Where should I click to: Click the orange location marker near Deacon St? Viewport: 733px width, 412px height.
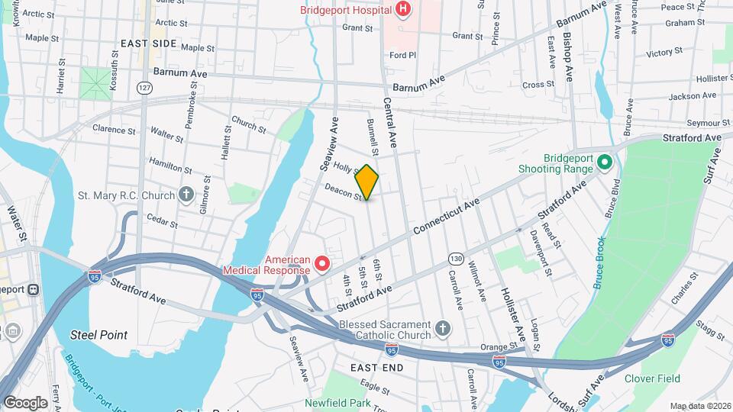click(367, 182)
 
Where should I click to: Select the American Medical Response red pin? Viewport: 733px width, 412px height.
click(322, 264)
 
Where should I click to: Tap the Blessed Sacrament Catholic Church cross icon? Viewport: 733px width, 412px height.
click(442, 329)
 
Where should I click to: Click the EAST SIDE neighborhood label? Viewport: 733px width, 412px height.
click(147, 43)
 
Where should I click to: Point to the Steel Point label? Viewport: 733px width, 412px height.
click(98, 335)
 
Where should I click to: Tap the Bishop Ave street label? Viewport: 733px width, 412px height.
click(568, 57)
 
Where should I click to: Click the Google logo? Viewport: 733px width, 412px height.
click(25, 402)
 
